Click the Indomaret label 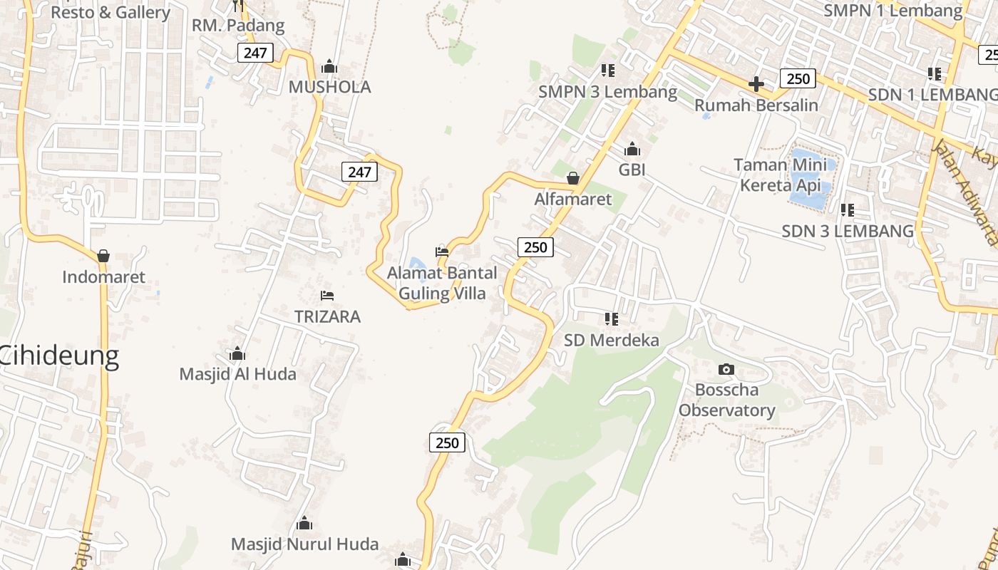coord(103,277)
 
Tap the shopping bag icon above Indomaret coord(103,255)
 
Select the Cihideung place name coord(58,356)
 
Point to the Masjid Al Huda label coord(237,374)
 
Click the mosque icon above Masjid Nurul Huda coord(304,524)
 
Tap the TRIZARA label coord(327,316)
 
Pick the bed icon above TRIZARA coord(327,295)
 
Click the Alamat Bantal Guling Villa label coord(442,283)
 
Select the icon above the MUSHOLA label coord(329,66)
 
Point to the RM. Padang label coord(238,26)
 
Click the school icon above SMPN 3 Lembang coord(608,70)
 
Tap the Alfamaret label coord(573,199)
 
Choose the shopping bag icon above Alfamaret coord(573,177)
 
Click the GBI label coord(632,170)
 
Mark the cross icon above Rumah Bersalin coord(756,84)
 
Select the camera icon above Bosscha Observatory coord(726,368)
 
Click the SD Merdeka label coord(612,340)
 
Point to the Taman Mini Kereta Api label coord(781,175)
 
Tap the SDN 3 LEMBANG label coord(848,231)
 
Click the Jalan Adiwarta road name coord(964,192)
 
